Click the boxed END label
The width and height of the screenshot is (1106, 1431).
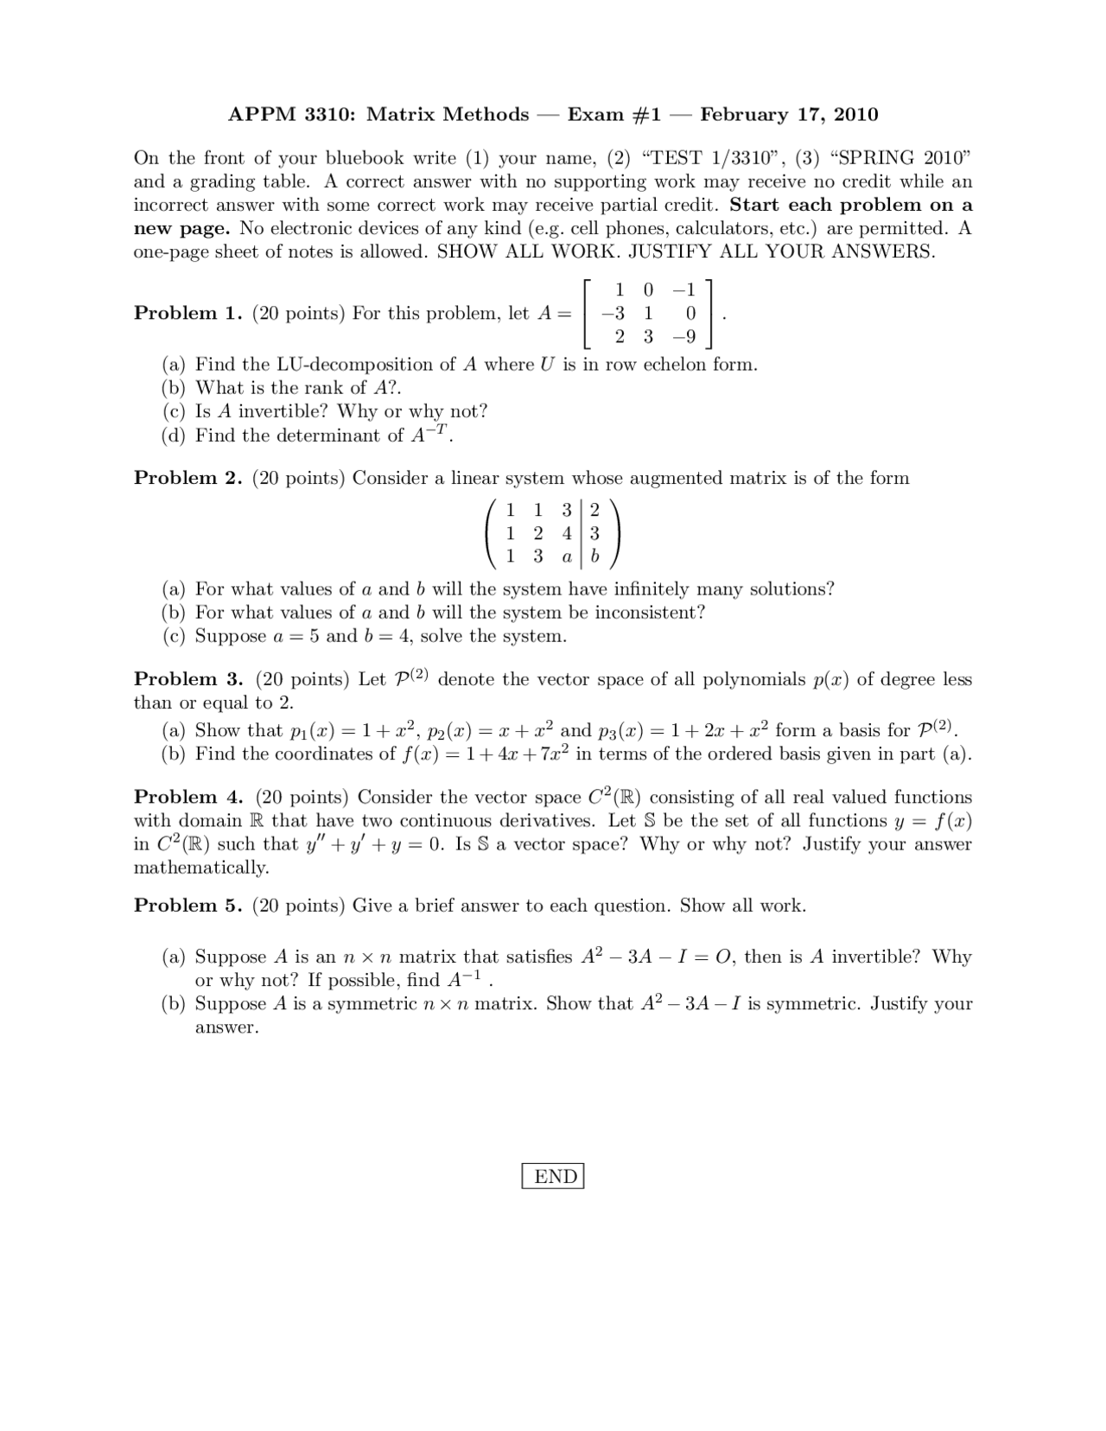point(553,1176)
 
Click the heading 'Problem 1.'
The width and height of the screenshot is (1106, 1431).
point(188,314)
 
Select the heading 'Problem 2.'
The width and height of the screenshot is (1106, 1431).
point(188,478)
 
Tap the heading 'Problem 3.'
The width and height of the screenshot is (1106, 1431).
point(188,679)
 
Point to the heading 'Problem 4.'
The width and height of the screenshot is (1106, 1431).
point(188,797)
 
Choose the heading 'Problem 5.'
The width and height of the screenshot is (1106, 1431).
point(188,906)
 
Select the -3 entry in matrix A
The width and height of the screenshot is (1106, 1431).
point(614,314)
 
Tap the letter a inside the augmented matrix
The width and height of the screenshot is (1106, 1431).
point(567,557)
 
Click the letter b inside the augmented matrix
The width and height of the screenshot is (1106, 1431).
point(594,557)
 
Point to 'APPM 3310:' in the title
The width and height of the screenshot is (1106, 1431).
point(291,115)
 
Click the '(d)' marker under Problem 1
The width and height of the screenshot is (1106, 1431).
point(175,436)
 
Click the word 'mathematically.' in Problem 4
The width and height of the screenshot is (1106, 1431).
point(201,868)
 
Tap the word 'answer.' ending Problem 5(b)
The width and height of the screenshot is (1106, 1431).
point(226,1027)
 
